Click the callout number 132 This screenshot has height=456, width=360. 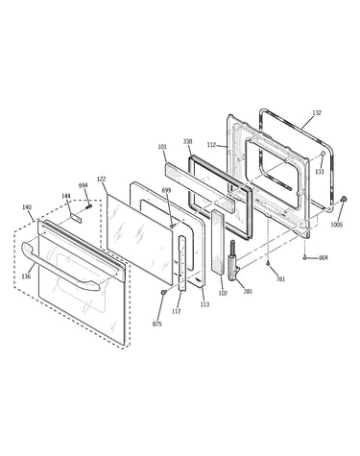tap(317, 112)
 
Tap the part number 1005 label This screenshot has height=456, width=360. tap(337, 225)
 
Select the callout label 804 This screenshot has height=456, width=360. tap(324, 257)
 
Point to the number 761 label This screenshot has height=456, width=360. tap(280, 279)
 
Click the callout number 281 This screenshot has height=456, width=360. tap(248, 291)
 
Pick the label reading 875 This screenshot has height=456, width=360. tap(156, 324)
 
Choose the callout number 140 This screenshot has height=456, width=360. tap(27, 207)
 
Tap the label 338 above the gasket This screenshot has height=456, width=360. tap(188, 141)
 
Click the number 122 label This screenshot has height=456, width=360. tap(101, 180)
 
